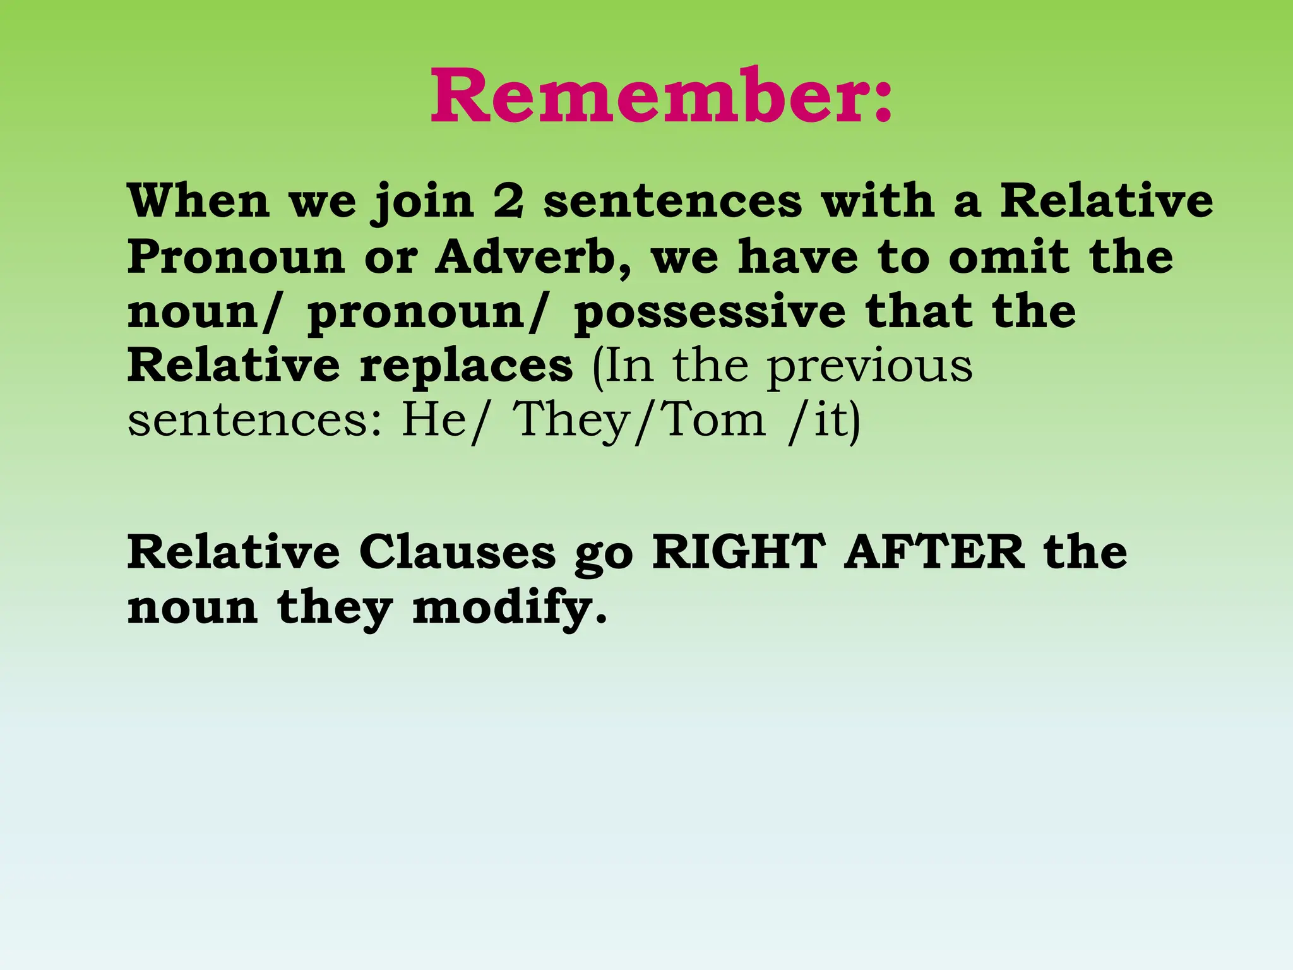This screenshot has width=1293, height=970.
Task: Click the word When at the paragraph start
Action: click(x=198, y=201)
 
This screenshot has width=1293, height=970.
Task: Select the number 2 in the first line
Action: click(x=508, y=201)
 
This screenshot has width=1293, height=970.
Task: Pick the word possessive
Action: click(x=710, y=313)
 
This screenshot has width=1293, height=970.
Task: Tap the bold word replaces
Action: click(x=466, y=367)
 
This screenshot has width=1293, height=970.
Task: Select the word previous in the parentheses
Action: click(x=870, y=367)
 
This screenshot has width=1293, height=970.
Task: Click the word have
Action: click(x=798, y=257)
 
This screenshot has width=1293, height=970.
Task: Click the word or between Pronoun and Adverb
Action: click(x=390, y=258)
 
